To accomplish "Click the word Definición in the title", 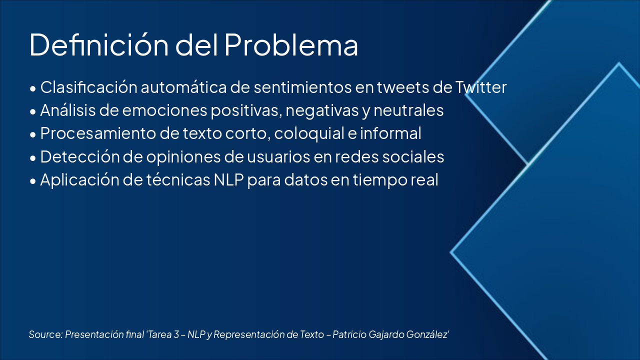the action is (99, 44).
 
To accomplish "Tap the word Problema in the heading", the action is (291, 44).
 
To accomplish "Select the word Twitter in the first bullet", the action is (481, 87).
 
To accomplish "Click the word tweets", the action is (403, 87).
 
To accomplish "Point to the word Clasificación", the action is (88, 87).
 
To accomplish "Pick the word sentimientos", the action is (302, 87).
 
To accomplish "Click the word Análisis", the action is (67, 110).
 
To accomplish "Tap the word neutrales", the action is (408, 110).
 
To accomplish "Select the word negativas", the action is (322, 111).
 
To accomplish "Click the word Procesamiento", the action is (98, 133).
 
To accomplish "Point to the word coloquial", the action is (309, 133).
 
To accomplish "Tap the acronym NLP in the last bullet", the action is (228, 179).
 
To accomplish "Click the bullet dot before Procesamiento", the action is (33, 134).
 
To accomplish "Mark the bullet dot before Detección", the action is (33, 157).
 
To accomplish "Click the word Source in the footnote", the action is (45, 334).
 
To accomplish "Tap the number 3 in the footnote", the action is (176, 334).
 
